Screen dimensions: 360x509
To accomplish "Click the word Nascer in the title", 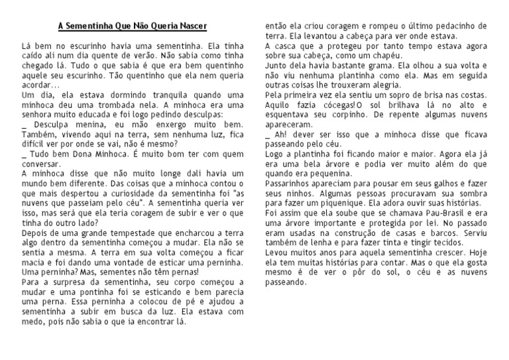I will point(191,26).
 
